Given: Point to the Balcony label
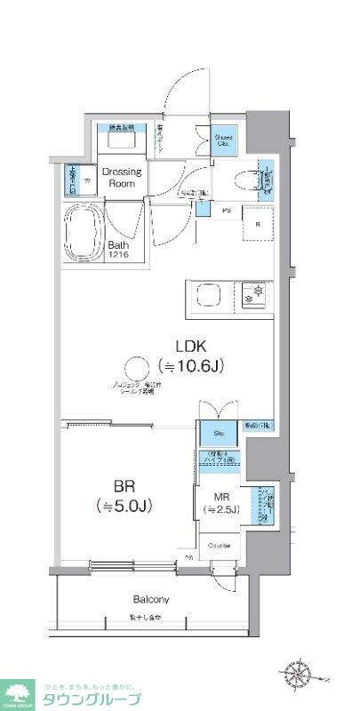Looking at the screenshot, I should [152, 599].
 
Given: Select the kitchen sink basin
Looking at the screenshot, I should [209, 295].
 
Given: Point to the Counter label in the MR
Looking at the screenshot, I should [220, 545].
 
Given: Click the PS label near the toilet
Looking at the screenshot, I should [227, 211].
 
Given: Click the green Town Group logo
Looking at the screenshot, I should [18, 692].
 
